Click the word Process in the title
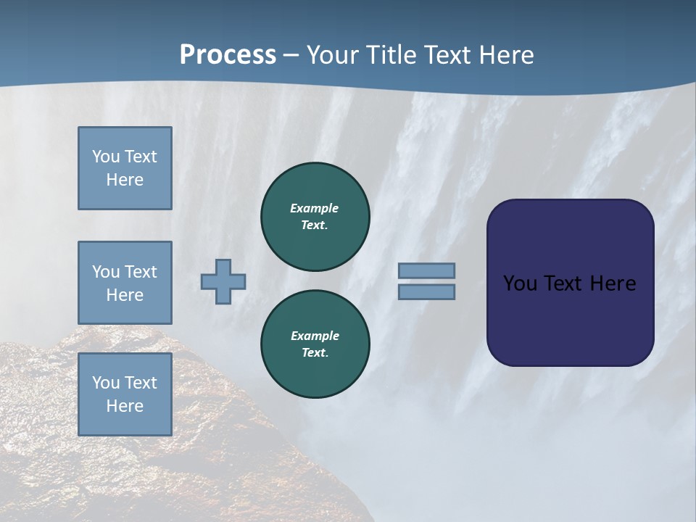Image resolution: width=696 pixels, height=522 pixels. pos(228,55)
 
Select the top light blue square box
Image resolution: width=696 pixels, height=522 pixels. pos(125,168)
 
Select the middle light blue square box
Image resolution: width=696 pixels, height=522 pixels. pos(125,283)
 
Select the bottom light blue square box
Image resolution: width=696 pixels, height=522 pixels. pos(125,394)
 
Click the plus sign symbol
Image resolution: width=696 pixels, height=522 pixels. pos(223,281)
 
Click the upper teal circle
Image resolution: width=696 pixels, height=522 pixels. pos(315,217)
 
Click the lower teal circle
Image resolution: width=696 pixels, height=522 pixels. pos(315,344)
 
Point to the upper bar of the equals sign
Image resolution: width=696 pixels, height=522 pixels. pos(426,270)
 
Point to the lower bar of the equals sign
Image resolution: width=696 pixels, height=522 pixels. pos(426,291)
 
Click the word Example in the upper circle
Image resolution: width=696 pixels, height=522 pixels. pos(314,208)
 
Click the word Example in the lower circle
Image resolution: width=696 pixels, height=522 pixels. pos(315,336)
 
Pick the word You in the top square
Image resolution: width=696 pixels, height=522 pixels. pos(105,157)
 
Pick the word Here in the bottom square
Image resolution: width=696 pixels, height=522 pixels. pos(125,406)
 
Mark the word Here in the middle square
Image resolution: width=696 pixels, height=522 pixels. pos(125,295)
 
